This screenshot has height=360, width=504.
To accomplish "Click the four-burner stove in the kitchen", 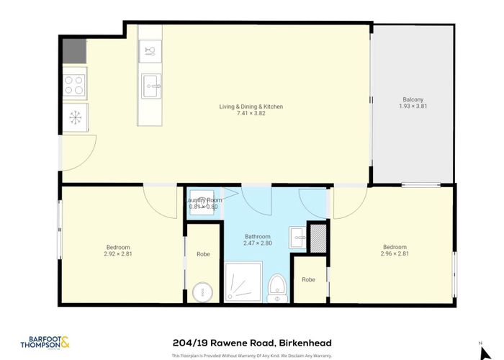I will pyautogui.click(x=74, y=85).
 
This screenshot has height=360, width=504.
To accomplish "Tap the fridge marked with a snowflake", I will pyautogui.click(x=74, y=117).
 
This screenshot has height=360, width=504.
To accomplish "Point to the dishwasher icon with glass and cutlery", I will pyautogui.click(x=150, y=50).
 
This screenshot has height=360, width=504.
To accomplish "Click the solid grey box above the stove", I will pyautogui.click(x=74, y=50).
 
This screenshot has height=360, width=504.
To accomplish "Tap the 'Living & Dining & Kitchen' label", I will pyautogui.click(x=251, y=107).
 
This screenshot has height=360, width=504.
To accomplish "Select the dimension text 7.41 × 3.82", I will pyautogui.click(x=251, y=113).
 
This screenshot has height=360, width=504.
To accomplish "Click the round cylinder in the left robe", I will pyautogui.click(x=203, y=292).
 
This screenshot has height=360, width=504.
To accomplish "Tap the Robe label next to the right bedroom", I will pyautogui.click(x=308, y=279).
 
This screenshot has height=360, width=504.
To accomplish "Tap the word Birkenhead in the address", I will pyautogui.click(x=305, y=343).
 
